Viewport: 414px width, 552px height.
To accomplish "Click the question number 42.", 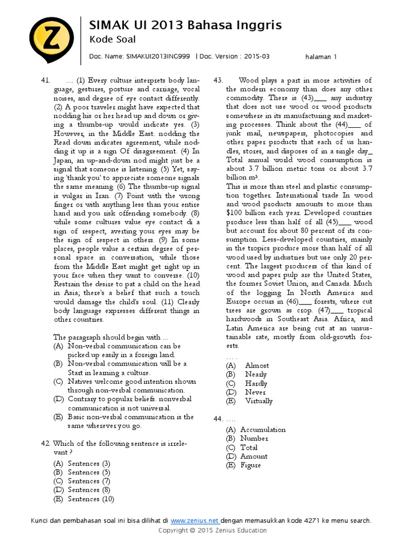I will point(46,443).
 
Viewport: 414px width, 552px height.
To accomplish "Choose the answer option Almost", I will point(257,365).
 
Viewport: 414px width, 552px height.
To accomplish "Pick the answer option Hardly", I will point(256,383).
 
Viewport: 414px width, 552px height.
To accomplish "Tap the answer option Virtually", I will point(259,401).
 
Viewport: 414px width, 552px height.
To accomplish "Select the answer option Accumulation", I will point(263,430).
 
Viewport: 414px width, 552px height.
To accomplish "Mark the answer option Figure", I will point(250,465).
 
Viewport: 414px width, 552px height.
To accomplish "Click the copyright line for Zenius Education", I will point(212,530).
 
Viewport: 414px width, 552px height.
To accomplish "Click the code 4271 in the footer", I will point(305,521).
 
